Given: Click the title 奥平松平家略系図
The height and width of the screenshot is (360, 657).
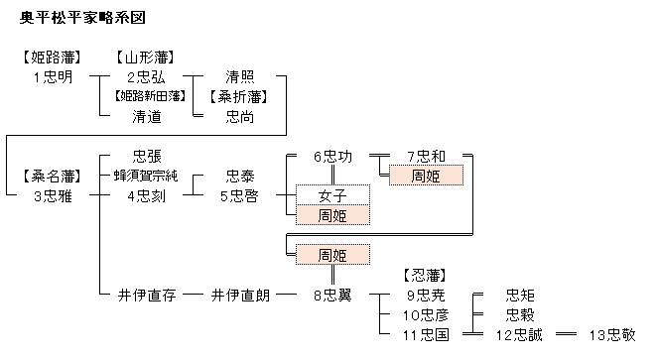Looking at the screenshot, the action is point(82,18).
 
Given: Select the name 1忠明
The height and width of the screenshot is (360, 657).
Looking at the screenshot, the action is point(54,77).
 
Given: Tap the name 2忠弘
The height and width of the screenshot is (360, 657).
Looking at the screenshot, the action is point(147,77).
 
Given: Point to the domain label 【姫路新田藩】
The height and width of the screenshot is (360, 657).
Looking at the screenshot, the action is point(150,96).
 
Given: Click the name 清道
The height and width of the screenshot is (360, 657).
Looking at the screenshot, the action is point(147,116).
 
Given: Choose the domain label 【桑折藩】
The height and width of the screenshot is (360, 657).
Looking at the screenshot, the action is point(238,97).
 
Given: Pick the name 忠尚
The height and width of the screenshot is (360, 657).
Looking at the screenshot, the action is point(240,116).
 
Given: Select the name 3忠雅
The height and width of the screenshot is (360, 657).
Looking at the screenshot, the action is point(54,196).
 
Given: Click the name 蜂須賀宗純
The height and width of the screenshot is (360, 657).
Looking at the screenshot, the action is point(146,176).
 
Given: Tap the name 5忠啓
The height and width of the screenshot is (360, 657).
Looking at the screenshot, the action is point(239,196).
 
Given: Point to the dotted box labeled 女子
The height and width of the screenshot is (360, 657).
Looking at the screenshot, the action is point(332,195).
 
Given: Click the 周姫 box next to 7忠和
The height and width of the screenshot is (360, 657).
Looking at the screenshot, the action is point(426,176).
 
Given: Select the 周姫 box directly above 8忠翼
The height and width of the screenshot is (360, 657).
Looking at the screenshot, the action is point(332,255).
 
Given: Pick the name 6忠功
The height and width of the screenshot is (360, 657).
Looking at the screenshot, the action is point(333,156).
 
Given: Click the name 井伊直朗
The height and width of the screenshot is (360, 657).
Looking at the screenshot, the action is point(240,296).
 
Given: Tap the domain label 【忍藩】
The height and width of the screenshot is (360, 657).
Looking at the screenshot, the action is point(425,276).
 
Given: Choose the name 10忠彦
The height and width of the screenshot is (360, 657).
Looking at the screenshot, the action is point(426,314).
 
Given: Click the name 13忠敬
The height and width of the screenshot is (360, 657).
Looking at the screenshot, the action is point(612,335).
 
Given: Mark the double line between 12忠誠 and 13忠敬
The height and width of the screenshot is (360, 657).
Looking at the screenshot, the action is point(566,334).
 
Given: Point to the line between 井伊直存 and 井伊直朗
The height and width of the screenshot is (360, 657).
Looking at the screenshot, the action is point(194,295).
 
